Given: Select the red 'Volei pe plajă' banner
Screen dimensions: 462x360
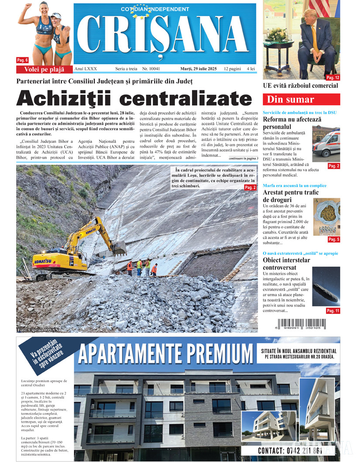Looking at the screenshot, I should click(x=44, y=69).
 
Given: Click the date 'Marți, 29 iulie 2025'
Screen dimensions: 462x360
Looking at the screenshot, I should click(x=199, y=69).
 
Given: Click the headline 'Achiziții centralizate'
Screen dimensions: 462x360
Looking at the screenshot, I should click(x=134, y=98).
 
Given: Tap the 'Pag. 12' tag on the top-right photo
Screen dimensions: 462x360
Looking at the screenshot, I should click(x=333, y=78).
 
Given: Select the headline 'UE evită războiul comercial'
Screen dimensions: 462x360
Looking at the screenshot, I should click(x=301, y=86).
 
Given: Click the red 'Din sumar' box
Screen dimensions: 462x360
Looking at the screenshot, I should click(x=302, y=99).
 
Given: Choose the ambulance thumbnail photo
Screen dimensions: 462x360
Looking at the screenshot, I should click(x=326, y=141).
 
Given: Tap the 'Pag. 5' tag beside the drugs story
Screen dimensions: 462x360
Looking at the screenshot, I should click(x=333, y=239).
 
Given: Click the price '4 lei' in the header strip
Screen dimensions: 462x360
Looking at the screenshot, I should click(x=250, y=69).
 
